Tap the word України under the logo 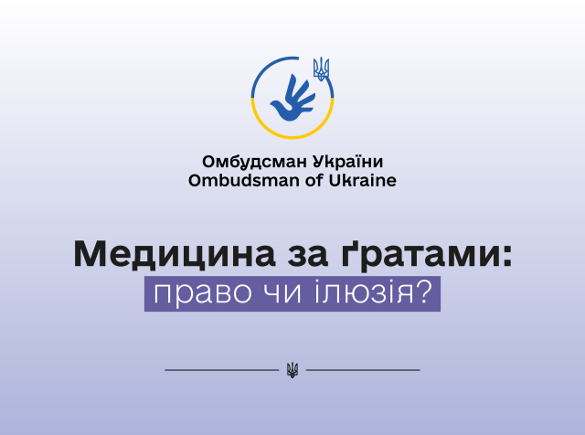348,161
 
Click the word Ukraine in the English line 362,181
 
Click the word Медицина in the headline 175,254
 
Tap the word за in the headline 308,258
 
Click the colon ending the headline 506,258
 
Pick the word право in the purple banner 203,293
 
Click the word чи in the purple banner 282,292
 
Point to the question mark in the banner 424,291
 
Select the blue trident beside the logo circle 321,69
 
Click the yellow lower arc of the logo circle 292,137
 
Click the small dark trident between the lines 292,370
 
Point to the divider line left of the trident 222,370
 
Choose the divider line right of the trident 363,370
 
